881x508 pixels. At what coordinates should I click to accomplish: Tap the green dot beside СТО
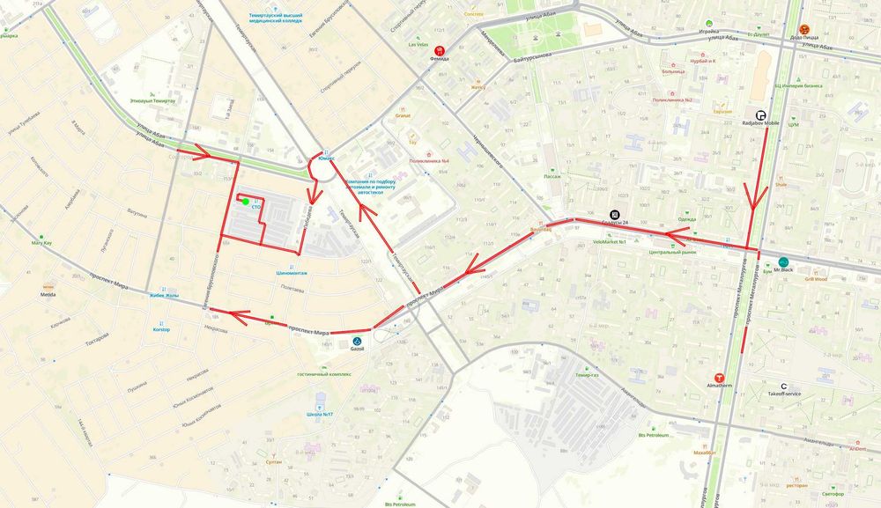coord(246,202)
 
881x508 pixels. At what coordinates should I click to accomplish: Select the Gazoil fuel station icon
coord(357,340)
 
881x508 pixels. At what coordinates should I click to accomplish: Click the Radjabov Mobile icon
coord(760,114)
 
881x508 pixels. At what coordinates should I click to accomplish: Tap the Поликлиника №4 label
coord(430,161)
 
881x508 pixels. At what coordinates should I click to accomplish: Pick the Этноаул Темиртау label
coord(152,101)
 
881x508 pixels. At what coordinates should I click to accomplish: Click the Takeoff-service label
coord(783,394)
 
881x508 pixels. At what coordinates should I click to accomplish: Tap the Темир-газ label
coord(587,375)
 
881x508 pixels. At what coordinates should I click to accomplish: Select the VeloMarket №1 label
coord(610,241)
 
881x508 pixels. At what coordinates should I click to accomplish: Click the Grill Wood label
coord(814,279)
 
